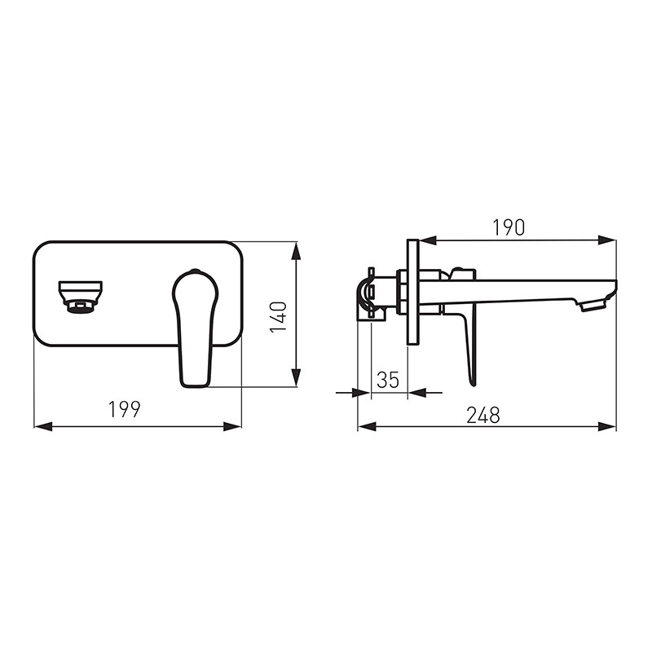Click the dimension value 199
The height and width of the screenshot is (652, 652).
pos(125,409)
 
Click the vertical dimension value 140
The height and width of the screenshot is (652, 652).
pos(278,317)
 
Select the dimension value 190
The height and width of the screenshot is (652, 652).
pos(509,227)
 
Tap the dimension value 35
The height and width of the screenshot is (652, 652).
pos(388,380)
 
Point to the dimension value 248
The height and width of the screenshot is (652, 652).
pos(482,415)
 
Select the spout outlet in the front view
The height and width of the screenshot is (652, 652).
pos(80,297)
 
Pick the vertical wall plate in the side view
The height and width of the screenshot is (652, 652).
pos(413,292)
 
